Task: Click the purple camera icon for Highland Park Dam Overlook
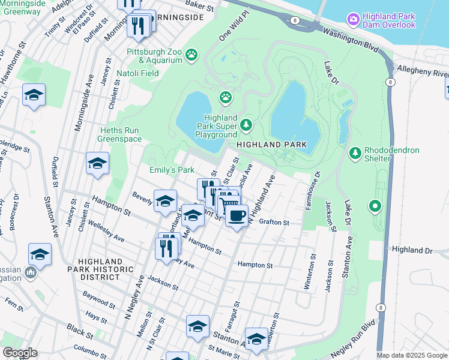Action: point(354,20)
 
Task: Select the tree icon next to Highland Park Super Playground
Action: point(246,125)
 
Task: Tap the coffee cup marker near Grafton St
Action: point(237,216)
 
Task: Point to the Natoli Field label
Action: point(142,73)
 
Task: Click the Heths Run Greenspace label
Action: point(120,134)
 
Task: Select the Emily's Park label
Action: point(172,170)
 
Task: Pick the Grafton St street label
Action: point(274,222)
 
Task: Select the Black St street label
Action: point(76,329)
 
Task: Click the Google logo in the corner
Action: point(19,353)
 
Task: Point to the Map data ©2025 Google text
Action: point(412,355)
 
